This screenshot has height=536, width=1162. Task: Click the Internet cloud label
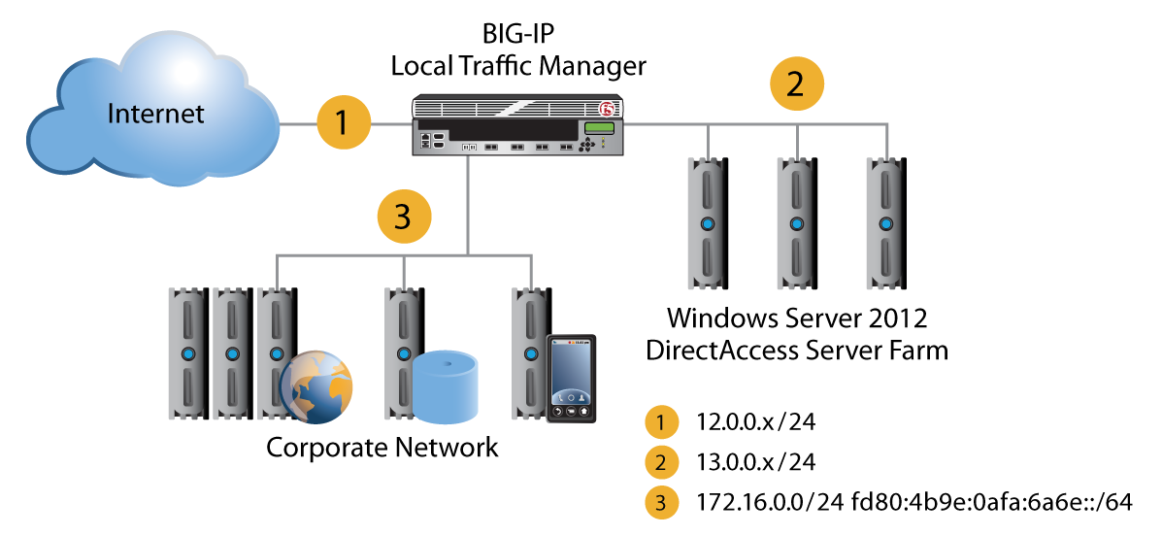click(x=156, y=114)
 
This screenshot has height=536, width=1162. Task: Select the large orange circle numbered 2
click(x=795, y=84)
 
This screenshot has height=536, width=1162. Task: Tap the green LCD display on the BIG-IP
click(x=599, y=130)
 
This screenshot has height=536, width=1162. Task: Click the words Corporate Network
click(x=382, y=448)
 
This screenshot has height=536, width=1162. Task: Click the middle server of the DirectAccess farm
click(x=796, y=223)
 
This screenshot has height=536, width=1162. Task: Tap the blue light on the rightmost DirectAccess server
click(x=885, y=223)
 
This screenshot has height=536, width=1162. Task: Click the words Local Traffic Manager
click(x=517, y=66)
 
